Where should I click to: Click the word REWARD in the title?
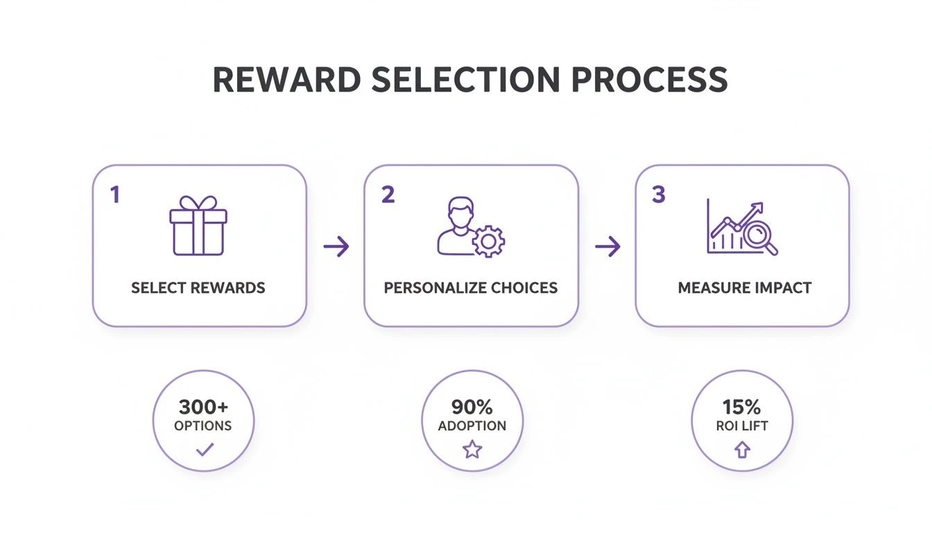tap(286, 80)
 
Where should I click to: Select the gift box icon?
tap(198, 226)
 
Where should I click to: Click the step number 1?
tap(115, 196)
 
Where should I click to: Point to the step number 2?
tap(388, 196)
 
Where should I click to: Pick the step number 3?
tap(658, 196)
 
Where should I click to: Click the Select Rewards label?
tap(198, 287)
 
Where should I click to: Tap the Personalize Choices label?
tap(471, 287)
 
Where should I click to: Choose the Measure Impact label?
tap(745, 287)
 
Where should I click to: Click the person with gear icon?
tap(471, 228)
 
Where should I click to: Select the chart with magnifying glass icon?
tap(742, 228)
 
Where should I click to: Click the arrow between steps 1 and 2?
tap(336, 246)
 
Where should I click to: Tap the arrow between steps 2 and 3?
tap(607, 246)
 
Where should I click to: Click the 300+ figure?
tap(203, 407)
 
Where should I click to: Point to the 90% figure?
tap(472, 407)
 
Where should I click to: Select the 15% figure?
tap(741, 407)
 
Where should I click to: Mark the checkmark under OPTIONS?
tap(204, 450)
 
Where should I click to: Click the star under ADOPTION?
tap(472, 450)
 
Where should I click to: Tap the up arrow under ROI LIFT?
tap(742, 450)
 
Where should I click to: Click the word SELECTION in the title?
tap(465, 80)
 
